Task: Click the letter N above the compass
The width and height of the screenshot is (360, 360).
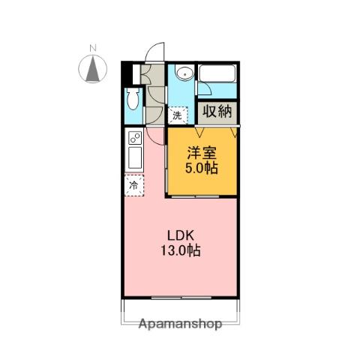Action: pos(94,49)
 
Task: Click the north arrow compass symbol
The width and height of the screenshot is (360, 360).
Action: pos(94,70)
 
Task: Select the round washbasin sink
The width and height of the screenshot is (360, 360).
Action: pos(184,73)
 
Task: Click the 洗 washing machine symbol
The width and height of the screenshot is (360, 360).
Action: pos(178,115)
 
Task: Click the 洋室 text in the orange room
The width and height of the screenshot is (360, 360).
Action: pos(202,151)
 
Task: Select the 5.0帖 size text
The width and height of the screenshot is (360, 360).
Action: pos(202,168)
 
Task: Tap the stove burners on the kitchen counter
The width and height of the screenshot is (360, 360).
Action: pos(134,139)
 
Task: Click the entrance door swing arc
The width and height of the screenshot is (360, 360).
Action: pos(154,49)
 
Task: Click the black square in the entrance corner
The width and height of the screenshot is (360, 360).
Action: pos(126,74)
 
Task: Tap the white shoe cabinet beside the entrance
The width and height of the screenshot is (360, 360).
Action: pos(136,74)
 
